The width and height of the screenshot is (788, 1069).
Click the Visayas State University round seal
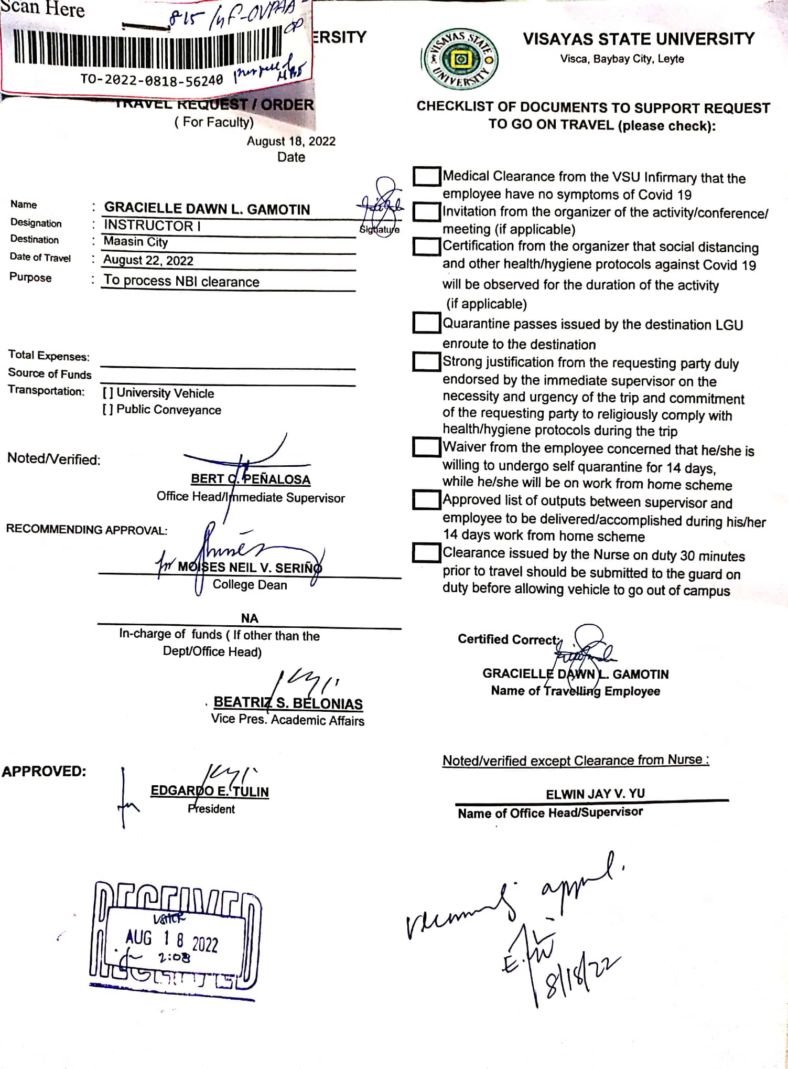coord(460,59)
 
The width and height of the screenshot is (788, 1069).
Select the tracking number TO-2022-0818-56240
coord(152,80)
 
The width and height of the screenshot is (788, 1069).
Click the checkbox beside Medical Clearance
coord(426,177)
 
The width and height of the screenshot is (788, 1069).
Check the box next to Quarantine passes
coord(426,323)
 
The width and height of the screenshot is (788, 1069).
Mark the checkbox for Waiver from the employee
coord(426,447)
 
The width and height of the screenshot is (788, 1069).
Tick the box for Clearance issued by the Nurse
coord(426,552)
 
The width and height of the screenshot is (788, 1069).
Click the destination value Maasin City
coord(136,242)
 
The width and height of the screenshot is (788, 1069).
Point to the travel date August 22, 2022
coord(148,261)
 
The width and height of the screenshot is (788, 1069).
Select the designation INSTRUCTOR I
coord(152,226)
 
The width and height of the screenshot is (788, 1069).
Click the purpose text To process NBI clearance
coord(181,281)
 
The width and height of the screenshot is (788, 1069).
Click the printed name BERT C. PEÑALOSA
coord(250,479)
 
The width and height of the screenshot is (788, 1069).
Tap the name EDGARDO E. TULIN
coord(210,791)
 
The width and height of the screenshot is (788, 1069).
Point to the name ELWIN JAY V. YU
coord(595,794)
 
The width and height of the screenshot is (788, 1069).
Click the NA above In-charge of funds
coord(250,618)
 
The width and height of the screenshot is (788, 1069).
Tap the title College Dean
coord(250,585)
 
